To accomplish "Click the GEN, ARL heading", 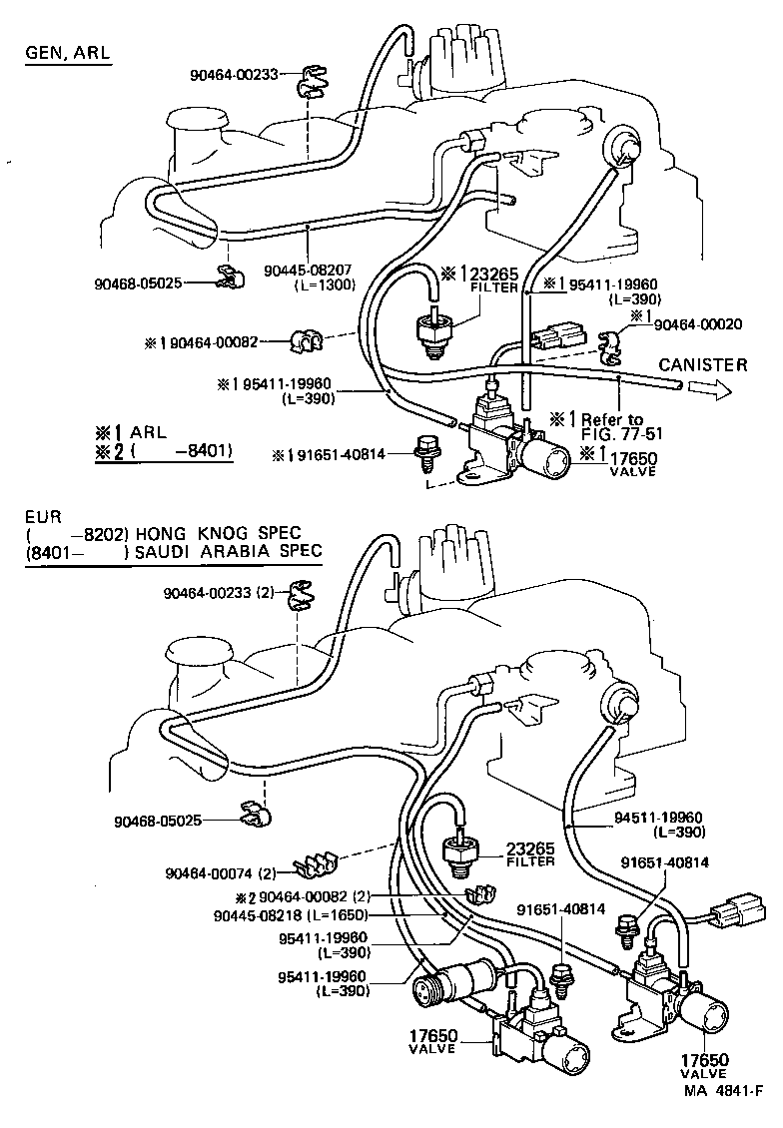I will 66,53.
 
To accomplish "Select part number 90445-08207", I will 309,270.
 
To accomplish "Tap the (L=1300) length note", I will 309,284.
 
